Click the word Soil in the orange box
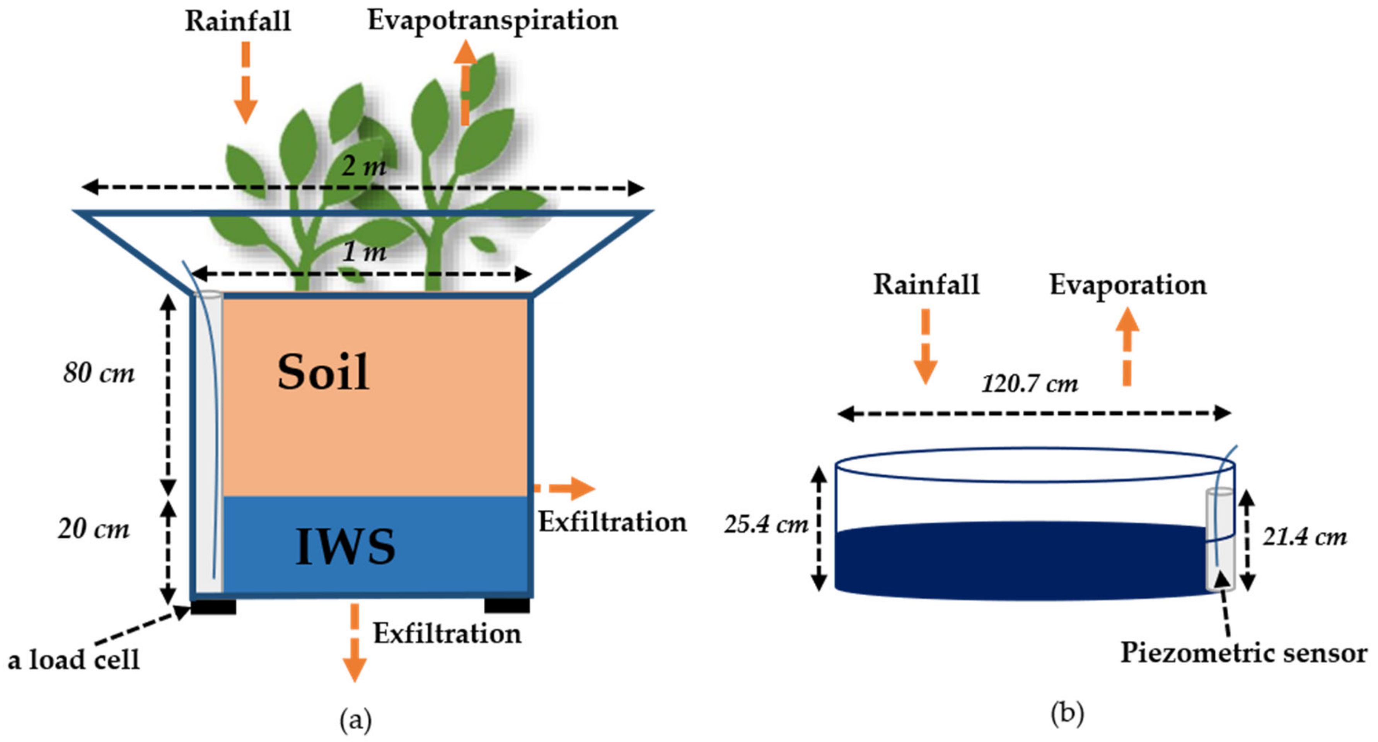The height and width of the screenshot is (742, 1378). pyautogui.click(x=323, y=373)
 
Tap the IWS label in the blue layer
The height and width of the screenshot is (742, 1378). pyautogui.click(x=346, y=546)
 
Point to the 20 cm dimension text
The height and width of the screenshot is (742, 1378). pyautogui.click(x=94, y=529)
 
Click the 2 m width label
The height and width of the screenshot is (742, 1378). pyautogui.click(x=364, y=166)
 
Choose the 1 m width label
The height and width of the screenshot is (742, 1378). pyautogui.click(x=364, y=251)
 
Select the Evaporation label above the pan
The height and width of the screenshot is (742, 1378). pyautogui.click(x=1128, y=285)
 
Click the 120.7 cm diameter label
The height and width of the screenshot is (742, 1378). pyautogui.click(x=1030, y=384)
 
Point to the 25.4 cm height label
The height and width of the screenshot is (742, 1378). pyautogui.click(x=766, y=524)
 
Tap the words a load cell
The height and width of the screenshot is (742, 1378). pyautogui.click(x=74, y=660)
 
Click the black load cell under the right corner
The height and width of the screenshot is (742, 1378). pyautogui.click(x=507, y=605)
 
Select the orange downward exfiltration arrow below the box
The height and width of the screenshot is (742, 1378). pyautogui.click(x=354, y=642)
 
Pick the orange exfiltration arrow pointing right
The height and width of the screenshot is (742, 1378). pyautogui.click(x=566, y=488)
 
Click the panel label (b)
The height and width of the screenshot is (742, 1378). pyautogui.click(x=1067, y=714)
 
